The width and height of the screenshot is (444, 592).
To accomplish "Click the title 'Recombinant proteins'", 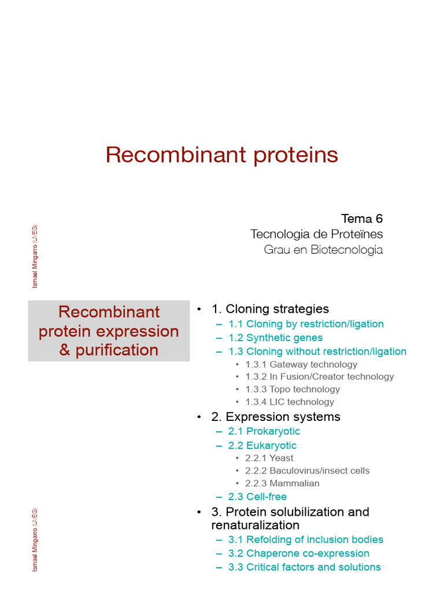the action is point(222,155).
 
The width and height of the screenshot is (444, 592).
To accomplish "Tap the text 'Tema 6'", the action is point(362,219).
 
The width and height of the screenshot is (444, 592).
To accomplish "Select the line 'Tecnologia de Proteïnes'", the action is point(316,234).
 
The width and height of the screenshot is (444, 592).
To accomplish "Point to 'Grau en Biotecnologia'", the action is point(323,250).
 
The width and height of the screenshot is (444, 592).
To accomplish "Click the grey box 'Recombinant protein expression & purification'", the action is point(109,331).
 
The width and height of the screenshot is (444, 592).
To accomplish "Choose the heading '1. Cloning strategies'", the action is point(270,309).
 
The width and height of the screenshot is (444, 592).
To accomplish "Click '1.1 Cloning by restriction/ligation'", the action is point(306,324).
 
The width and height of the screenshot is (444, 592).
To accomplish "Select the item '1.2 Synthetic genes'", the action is point(275,338).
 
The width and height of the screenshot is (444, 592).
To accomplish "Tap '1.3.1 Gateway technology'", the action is point(301,364).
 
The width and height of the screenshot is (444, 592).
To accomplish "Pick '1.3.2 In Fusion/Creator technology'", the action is point(319,376).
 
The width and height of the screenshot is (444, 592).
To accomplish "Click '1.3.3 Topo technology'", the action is point(293,389).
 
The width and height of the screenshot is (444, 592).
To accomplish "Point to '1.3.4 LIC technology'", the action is point(290,402).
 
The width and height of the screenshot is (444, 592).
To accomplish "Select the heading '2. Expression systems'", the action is point(276,417).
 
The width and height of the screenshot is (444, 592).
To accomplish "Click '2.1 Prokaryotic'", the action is point(264,431).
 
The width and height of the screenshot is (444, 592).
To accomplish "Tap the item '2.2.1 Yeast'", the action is point(269,458).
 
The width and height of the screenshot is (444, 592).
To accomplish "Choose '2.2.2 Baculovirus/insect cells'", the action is point(308,471).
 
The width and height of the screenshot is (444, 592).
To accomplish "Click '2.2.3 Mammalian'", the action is point(282,483).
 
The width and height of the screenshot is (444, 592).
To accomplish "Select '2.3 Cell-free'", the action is point(257,497).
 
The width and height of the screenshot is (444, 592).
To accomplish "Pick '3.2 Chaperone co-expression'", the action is point(299,553).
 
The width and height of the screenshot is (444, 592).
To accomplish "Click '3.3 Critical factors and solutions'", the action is point(304,567).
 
